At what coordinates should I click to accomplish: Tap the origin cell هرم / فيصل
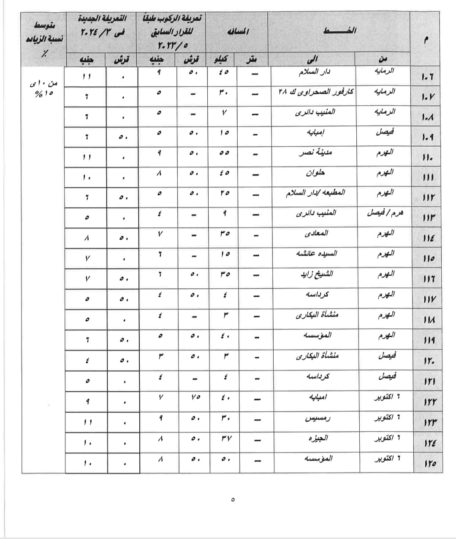coord(385,213)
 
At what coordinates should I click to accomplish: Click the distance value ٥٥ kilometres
coord(224,153)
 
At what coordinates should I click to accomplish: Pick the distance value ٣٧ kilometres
coord(224,438)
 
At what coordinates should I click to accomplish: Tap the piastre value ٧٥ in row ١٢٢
coord(194,398)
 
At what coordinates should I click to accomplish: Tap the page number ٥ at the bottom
coord(233,499)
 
